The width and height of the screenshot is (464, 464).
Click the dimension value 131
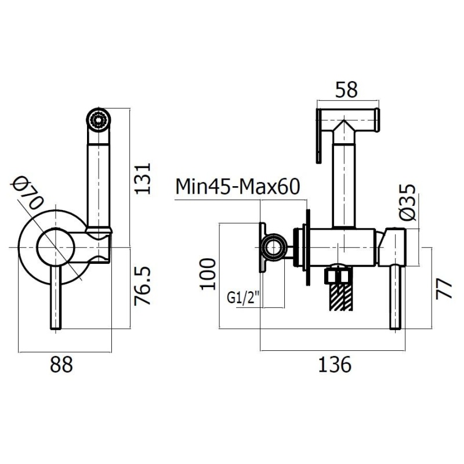144,177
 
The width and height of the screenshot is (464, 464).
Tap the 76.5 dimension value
144,286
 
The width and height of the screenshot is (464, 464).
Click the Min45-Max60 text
238,187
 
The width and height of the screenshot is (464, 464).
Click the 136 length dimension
335,365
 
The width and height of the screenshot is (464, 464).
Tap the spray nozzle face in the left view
98,120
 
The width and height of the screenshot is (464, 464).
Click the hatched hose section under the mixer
339,295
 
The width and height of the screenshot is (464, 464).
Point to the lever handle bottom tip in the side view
396,327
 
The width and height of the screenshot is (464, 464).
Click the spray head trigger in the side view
318,139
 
